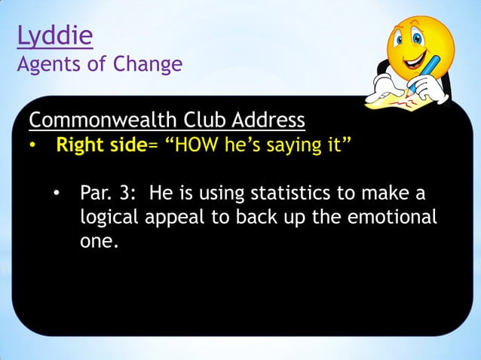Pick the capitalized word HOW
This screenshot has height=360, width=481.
(x=200, y=145)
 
